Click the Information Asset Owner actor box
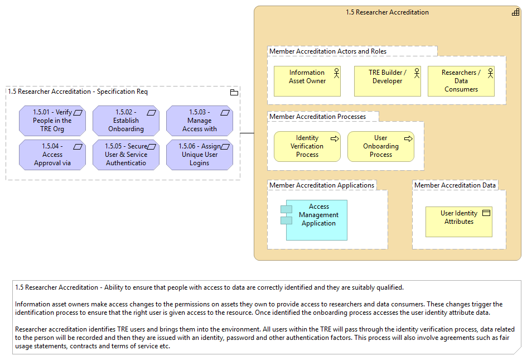(307, 81)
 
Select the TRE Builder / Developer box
(387, 81)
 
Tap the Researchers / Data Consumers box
(461, 81)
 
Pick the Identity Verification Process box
(307, 146)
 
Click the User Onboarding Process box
(381, 146)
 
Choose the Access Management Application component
(314, 220)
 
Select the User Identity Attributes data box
(459, 222)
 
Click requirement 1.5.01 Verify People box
(52, 121)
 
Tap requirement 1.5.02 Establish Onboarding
(126, 121)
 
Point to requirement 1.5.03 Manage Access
(200, 121)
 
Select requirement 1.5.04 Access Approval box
(52, 155)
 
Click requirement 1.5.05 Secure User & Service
(126, 155)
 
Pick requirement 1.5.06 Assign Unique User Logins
(200, 155)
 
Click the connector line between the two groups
(247, 133)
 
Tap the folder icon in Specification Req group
(234, 93)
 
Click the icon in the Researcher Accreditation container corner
(516, 12)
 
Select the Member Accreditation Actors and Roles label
(328, 51)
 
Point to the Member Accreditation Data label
(455, 185)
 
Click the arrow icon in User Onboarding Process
(408, 138)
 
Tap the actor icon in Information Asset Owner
(336, 73)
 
